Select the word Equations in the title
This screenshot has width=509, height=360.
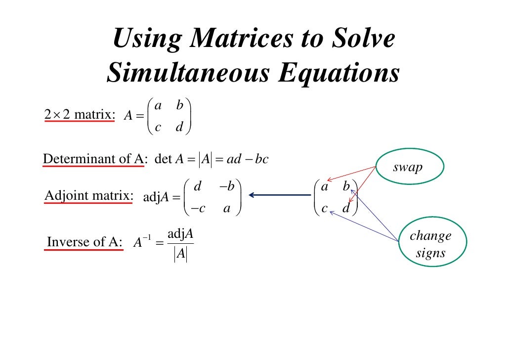pos(338,73)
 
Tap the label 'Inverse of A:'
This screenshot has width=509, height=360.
pos(84,242)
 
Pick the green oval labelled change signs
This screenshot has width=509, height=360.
pos(430,244)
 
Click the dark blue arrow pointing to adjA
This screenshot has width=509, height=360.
pos(279,195)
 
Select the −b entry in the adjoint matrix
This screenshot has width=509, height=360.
pos(227,186)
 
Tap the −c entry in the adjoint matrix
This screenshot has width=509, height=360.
pos(198,209)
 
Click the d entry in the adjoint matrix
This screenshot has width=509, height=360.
pos(198,186)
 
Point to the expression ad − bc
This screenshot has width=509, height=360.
pos(248,160)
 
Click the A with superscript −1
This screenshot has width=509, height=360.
pos(141,242)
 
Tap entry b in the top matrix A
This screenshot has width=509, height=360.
pos(179,105)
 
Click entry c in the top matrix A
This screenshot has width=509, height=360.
pos(158,128)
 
